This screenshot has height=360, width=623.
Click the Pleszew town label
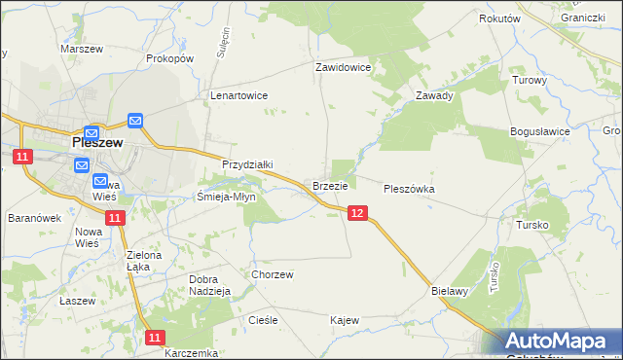tap(97, 141)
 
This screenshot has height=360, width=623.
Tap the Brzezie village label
tap(330, 185)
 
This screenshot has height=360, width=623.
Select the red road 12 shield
tap(357, 213)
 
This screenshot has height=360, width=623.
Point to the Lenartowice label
tap(238, 96)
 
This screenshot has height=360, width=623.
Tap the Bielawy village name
tap(450, 290)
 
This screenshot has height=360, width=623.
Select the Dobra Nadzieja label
tap(208, 284)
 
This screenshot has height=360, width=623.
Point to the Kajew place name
tap(345, 320)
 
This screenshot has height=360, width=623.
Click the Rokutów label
tap(500, 18)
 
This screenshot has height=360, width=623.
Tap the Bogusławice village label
tap(539, 130)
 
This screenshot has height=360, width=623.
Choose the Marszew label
tap(82, 49)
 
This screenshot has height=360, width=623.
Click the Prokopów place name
tap(170, 58)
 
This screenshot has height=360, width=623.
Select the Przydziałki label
tap(248, 165)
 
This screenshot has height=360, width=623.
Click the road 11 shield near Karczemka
tap(155, 337)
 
